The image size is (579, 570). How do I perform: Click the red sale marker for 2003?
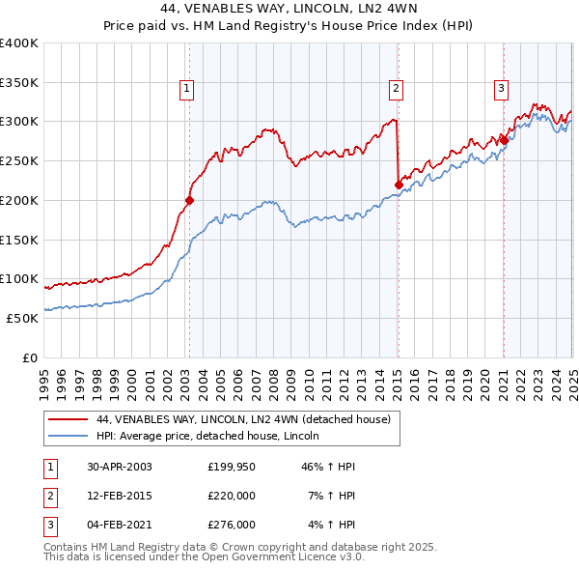189,200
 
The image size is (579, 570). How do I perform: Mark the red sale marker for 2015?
399,185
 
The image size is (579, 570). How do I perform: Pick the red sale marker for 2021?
504,140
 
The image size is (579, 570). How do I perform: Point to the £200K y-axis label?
19,200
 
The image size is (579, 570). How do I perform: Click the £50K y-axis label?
22,318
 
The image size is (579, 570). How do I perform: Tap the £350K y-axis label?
19,82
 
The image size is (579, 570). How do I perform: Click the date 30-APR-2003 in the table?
119,467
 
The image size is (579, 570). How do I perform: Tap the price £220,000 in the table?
232,496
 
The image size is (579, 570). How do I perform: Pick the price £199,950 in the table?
232,467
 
